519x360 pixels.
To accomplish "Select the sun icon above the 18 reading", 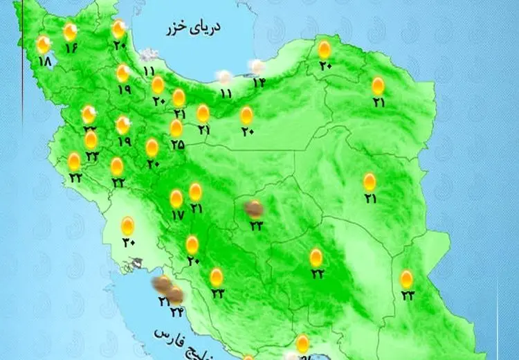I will pos(44,46).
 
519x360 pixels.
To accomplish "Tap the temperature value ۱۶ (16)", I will pos(72,48).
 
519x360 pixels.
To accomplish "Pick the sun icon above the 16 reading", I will pos(70,32).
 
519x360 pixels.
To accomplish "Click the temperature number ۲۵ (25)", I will pos(177,145).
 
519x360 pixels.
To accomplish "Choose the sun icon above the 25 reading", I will pos(176,128).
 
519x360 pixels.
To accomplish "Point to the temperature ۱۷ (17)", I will pos(177,215).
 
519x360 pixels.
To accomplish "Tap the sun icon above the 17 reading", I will pos(176,199).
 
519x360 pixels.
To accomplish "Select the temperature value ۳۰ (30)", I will pos(129,242).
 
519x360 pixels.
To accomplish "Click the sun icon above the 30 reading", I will pos(128,226).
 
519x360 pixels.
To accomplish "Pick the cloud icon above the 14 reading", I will pos(257,67).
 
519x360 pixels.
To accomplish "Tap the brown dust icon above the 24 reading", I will pos(176,296).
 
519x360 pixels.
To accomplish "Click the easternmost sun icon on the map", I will pos(407,279).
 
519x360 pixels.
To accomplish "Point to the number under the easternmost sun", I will pos(407,296).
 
